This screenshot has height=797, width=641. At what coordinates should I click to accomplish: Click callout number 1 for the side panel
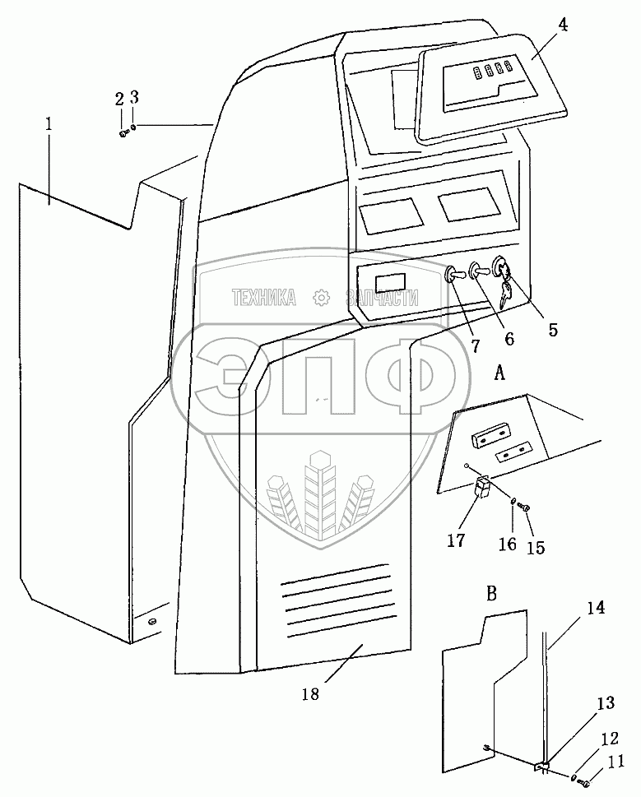[x=49, y=125]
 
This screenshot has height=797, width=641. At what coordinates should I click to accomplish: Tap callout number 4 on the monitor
[x=562, y=25]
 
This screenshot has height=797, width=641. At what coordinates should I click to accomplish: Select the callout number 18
[x=310, y=693]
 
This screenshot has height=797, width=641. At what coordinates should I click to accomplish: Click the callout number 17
[x=456, y=540]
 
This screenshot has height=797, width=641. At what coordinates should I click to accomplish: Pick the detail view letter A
[x=499, y=373]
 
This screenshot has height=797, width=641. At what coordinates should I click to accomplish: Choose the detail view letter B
[x=491, y=594]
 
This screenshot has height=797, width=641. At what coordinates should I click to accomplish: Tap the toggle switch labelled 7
[x=454, y=276]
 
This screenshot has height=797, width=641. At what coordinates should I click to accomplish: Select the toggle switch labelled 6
[x=478, y=271]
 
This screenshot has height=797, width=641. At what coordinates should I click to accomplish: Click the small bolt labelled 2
[x=123, y=132]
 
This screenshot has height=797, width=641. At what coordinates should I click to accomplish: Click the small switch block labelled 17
[x=482, y=487]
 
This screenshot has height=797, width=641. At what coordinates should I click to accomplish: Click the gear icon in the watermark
[x=321, y=299]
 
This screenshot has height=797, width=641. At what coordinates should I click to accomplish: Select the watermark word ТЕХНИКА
[x=264, y=298]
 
